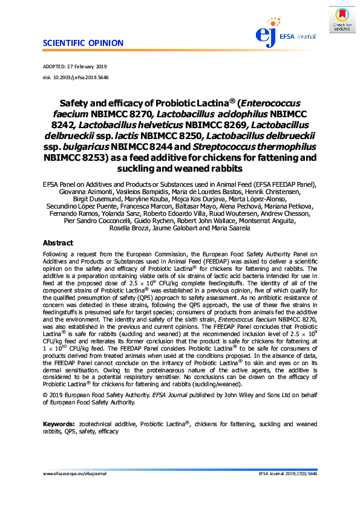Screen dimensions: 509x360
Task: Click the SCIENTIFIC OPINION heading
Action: point(83,43)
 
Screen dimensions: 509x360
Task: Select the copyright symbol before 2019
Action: point(44,394)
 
